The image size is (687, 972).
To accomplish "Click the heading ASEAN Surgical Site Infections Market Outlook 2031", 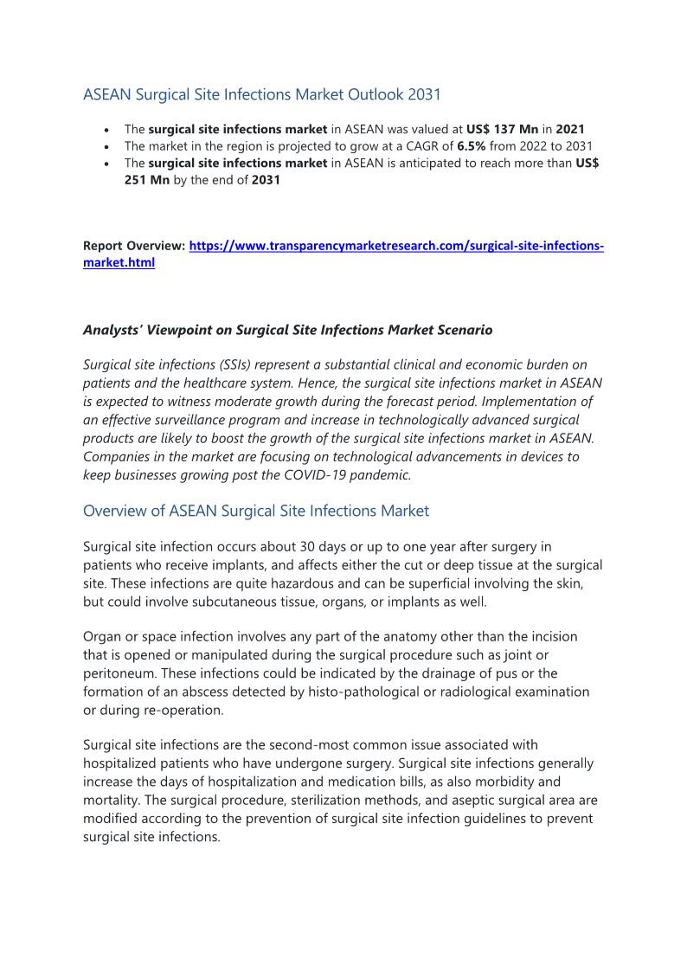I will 262,93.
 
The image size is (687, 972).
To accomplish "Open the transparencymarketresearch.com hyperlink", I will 395,247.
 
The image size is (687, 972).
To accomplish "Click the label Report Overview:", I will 133,247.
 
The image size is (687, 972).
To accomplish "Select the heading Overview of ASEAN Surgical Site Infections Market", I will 255,511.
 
